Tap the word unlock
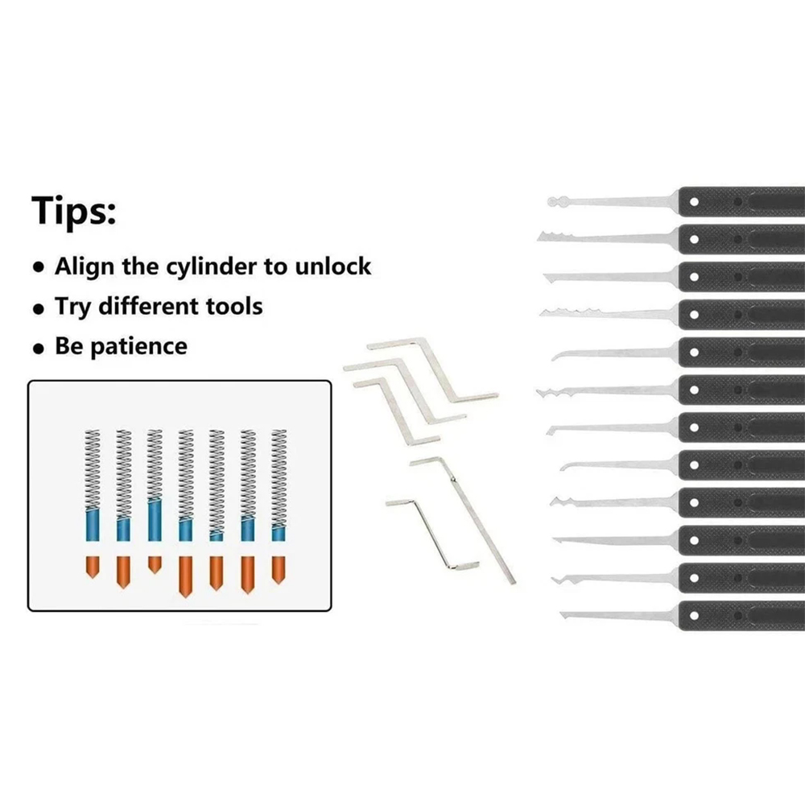[333, 266]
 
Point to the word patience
[138, 347]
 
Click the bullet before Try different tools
[39, 308]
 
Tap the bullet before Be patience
[39, 349]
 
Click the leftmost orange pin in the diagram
[93, 567]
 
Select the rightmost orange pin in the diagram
[279, 570]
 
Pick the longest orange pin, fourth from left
[185, 576]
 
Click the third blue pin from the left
[155, 519]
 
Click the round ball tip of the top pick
[553, 202]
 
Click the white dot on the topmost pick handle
[694, 202]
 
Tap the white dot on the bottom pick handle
[694, 616]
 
